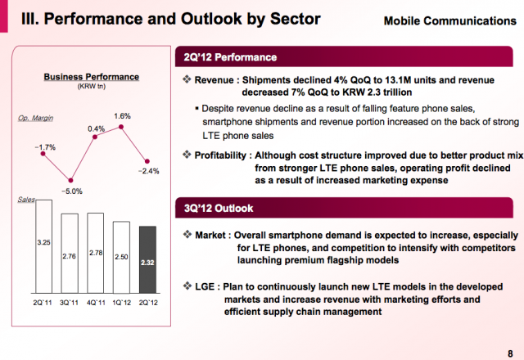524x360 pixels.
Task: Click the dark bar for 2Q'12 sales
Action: coord(147,259)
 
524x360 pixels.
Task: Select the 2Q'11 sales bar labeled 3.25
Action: coord(43,246)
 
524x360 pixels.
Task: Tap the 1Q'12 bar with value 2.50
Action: coord(121,257)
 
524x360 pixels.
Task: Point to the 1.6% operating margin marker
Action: coord(121,127)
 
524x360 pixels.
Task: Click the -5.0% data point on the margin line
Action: coord(70,180)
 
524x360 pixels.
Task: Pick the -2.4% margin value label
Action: coord(149,171)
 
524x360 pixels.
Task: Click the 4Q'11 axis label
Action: coord(96,303)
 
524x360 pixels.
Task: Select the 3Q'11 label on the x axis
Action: coord(69,303)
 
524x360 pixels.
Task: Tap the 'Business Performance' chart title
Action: coord(91,77)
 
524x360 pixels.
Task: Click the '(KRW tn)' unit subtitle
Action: coord(91,87)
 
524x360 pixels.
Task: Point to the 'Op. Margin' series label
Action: coord(35,118)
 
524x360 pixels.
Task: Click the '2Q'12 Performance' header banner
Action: coord(344,56)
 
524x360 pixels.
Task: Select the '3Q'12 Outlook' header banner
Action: coord(344,208)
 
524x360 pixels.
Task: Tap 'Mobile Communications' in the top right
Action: coord(449,21)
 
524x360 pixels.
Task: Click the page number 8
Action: coord(510,353)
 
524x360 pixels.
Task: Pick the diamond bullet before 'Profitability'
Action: coord(187,155)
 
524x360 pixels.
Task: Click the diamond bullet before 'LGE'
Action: coord(187,286)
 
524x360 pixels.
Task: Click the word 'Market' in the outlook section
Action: coord(210,236)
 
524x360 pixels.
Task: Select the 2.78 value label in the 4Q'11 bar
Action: coord(96,253)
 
